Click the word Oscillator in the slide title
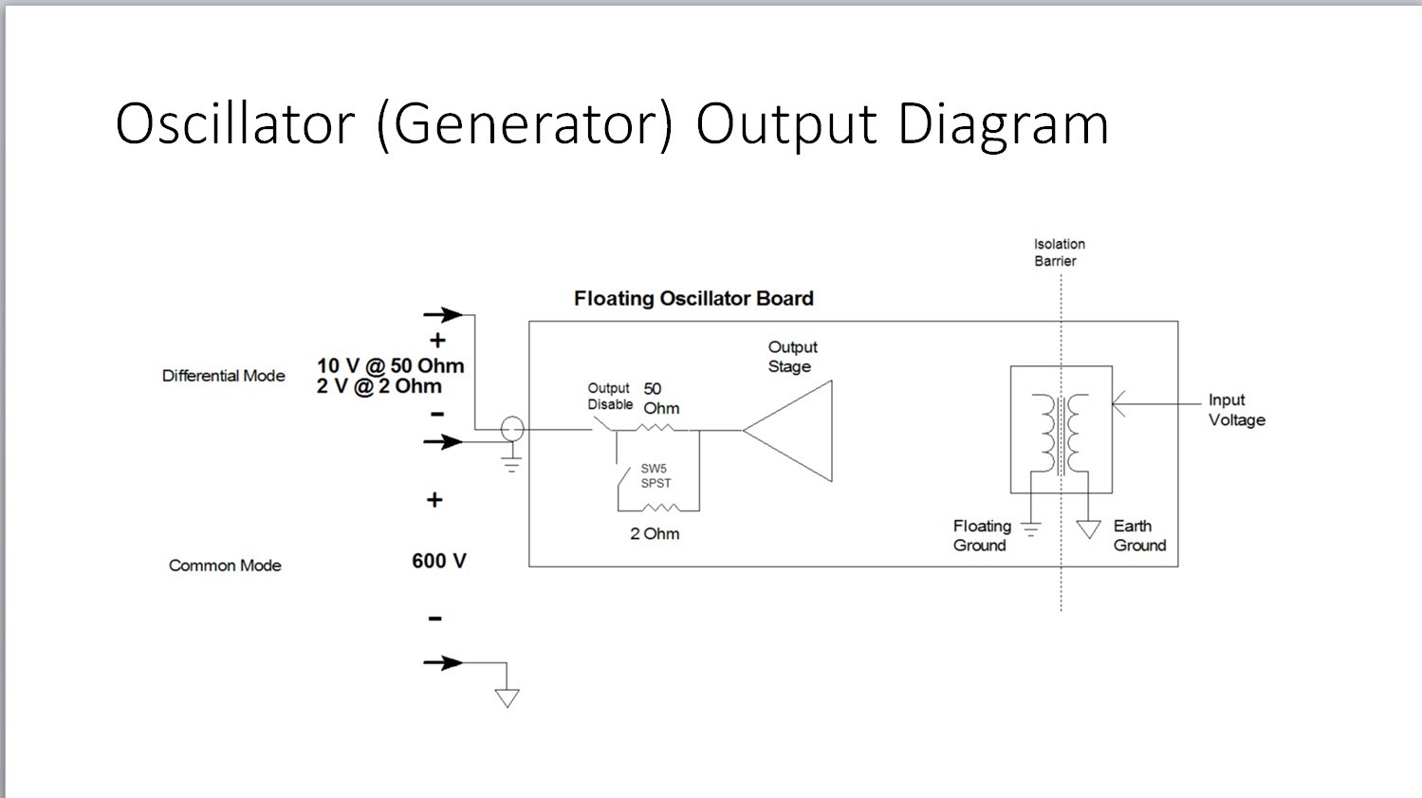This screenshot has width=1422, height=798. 234,123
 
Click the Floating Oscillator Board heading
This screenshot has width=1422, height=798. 693,299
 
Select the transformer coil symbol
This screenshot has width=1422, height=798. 1062,435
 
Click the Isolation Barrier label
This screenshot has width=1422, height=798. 1059,252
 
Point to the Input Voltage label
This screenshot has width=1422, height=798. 1236,410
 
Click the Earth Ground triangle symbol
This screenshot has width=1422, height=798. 1088,529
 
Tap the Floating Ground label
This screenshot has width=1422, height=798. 981,535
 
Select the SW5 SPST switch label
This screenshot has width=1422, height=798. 656,475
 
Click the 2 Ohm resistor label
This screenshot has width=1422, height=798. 655,534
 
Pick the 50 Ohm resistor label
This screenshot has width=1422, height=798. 661,399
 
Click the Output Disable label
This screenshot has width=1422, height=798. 609,397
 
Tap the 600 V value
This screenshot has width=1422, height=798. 439,561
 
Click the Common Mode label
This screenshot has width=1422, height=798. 225,566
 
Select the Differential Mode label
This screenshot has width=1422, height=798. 224,376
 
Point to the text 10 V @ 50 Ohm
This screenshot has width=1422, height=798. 390,366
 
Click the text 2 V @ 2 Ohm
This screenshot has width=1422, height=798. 379,386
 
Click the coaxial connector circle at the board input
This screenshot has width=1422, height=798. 512,430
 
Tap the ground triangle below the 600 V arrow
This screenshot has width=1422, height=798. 508,698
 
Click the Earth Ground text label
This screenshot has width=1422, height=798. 1139,535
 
